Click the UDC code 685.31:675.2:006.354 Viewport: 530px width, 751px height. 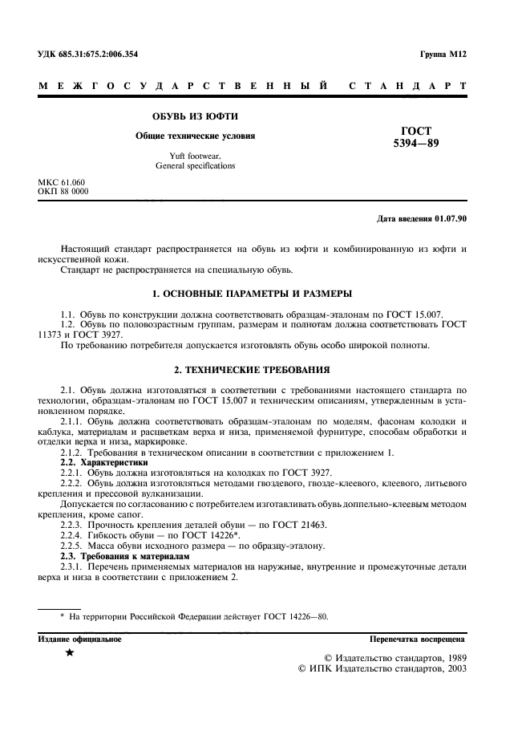point(99,55)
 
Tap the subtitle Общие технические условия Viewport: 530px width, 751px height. point(196,136)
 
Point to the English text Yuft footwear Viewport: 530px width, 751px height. point(195,156)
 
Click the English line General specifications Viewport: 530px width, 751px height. point(195,166)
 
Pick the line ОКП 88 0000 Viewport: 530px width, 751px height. point(63,192)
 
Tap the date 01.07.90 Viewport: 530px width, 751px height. point(451,218)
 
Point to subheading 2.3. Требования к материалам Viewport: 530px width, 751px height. point(126,555)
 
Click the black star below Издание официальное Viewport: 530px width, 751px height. point(70,655)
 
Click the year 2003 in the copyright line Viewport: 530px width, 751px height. point(452,668)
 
